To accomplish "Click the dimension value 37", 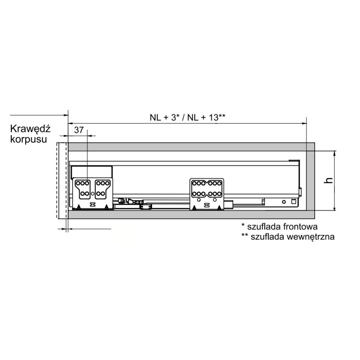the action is coord(79,130).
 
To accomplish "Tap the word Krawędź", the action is coord(30,129).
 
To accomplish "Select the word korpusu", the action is coord(29,139).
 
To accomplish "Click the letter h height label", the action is coord(329,180).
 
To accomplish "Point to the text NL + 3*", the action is coord(165,117).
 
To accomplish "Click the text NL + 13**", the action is coord(206,117).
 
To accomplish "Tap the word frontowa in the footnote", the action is coord(300,227).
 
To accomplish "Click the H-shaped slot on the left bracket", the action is coord(93,205).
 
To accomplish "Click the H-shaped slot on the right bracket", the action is coord(207,205).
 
